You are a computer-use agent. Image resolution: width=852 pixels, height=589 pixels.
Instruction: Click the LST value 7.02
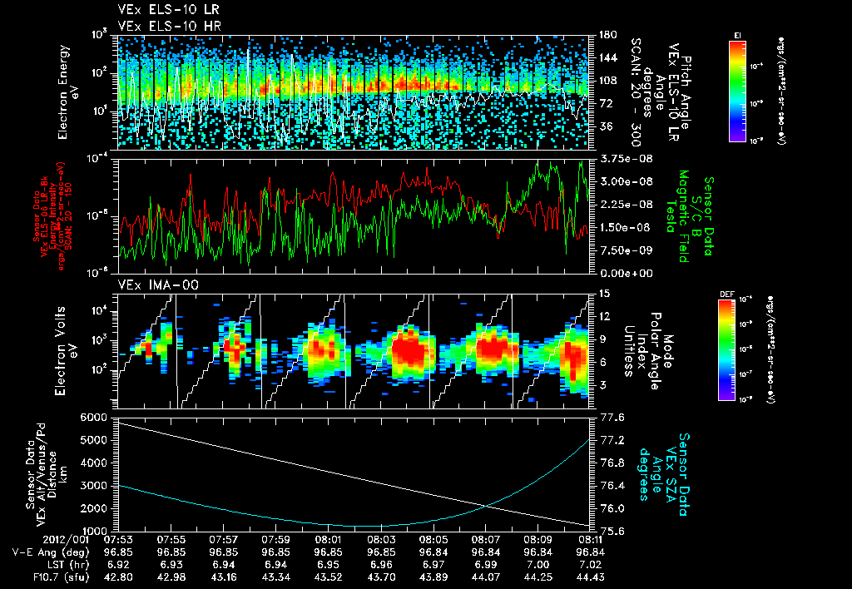pos(590,564)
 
